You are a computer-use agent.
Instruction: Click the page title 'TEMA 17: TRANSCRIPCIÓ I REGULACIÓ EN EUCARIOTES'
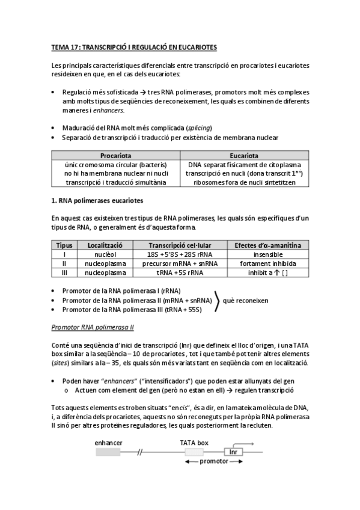coord(134,46)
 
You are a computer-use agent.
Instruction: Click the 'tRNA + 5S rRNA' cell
coord(171,272)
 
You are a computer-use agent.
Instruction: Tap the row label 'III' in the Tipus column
coord(64,272)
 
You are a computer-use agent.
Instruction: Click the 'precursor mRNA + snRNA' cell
coord(171,263)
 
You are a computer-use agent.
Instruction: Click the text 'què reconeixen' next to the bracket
coord(245,300)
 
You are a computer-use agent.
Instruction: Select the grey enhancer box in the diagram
coord(108,452)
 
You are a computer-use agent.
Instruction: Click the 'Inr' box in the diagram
coord(233,452)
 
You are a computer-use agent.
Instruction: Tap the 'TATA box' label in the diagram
coord(194,442)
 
